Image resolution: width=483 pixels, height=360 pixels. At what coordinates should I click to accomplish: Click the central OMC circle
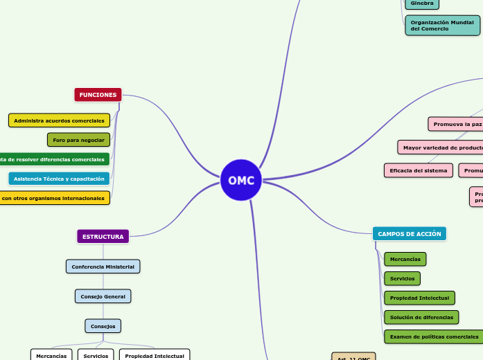coord(241,181)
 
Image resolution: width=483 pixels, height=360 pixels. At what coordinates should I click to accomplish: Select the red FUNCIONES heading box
coord(98,95)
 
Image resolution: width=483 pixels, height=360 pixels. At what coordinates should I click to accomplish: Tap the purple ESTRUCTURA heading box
coord(103,237)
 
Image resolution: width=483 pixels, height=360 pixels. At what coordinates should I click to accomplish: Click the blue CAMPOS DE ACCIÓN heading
coord(410,234)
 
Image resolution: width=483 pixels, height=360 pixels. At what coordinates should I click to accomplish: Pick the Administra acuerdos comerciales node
coord(59,121)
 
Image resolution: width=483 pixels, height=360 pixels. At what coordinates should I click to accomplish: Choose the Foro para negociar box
coord(78,140)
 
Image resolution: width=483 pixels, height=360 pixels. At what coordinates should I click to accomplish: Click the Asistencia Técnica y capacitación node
coord(59,179)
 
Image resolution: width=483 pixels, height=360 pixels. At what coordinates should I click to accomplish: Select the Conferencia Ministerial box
coord(103,267)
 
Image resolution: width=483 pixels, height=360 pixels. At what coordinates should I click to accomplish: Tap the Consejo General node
coord(103,296)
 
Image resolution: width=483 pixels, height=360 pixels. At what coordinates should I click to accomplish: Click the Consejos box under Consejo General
coord(103,326)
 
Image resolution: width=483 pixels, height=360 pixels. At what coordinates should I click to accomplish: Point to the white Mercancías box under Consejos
coord(51,355)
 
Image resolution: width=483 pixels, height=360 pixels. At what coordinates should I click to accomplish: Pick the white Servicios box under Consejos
coord(96,355)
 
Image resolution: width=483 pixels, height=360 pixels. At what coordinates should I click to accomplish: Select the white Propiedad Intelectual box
coord(154,355)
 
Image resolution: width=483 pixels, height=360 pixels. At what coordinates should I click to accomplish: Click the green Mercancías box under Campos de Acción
coord(405,259)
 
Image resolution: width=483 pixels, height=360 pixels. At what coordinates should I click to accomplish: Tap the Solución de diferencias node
coord(421,317)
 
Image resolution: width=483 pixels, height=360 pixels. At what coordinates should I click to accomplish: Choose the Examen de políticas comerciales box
coord(434,336)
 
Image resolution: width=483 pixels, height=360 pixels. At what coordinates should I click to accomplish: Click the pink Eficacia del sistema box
coord(418,170)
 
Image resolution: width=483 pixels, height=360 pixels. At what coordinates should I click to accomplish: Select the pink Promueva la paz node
coord(456,125)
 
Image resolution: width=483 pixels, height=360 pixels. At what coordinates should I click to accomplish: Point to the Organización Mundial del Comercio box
coord(442,26)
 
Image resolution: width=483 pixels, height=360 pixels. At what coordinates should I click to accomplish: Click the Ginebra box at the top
coord(422,3)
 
